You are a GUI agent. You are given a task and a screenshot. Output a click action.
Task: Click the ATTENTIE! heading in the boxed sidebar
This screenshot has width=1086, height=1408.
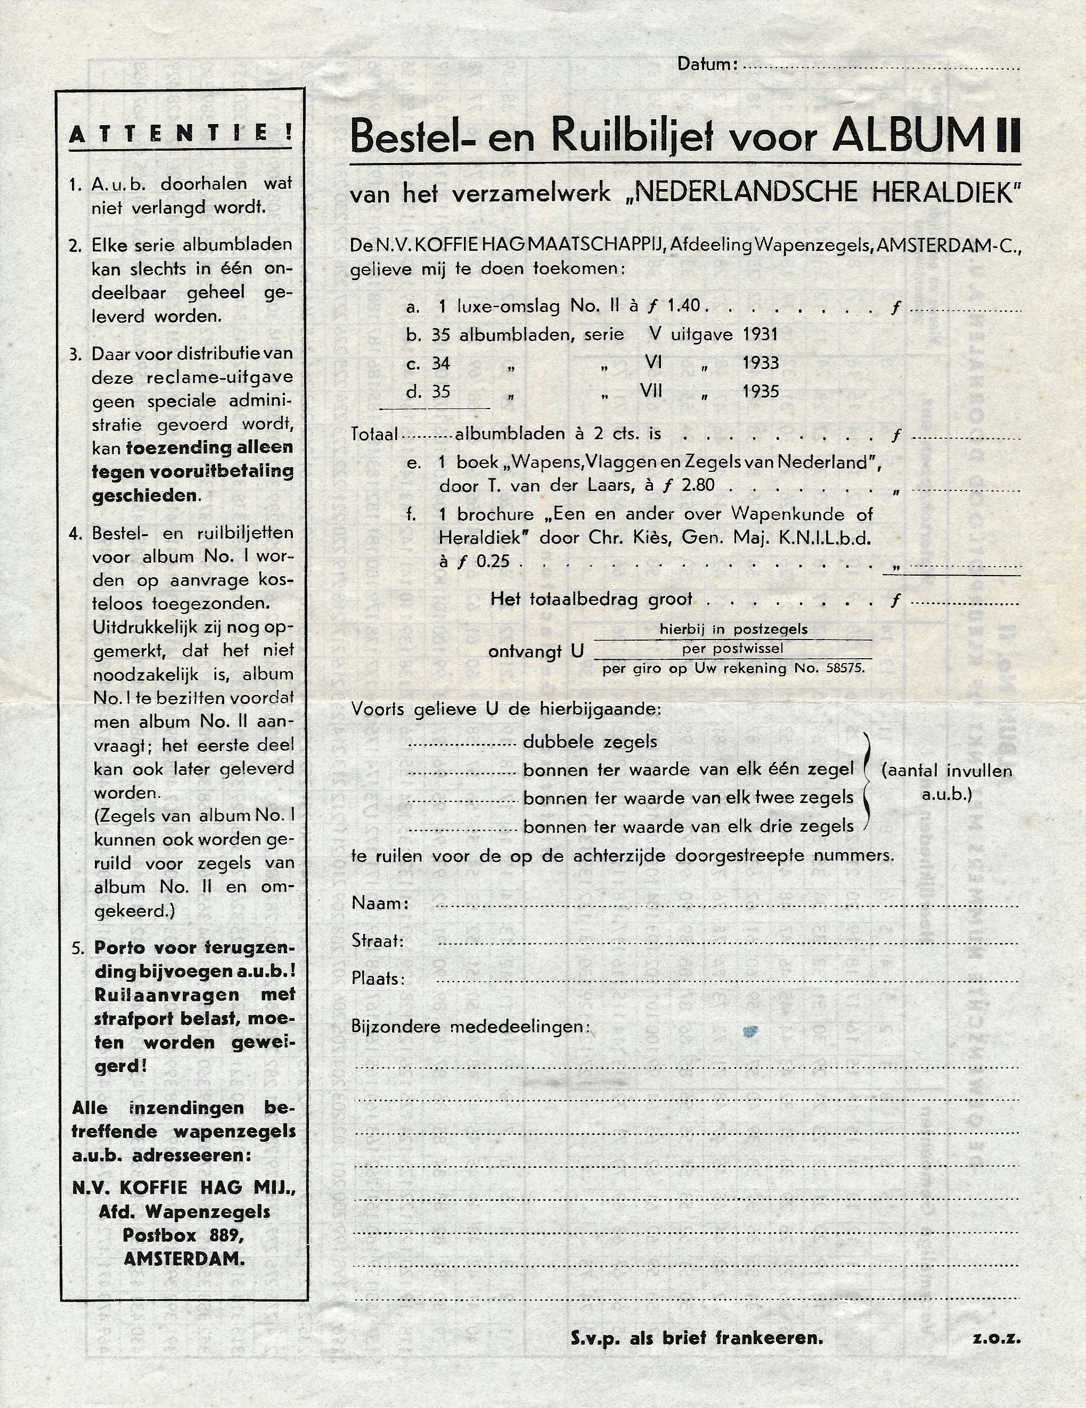pos(181,134)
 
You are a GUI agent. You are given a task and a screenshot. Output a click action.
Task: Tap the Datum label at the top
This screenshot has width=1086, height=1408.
pos(706,64)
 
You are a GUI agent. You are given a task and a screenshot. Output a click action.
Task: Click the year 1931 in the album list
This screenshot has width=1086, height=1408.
pos(761,334)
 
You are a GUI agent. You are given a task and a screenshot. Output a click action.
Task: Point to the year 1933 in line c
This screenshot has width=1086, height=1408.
pos(761,363)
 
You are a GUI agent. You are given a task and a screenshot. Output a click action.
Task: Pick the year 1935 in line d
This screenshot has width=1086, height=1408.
pos(761,391)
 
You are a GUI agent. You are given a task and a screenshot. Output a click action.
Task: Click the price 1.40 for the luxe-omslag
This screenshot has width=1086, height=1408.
pos(683,306)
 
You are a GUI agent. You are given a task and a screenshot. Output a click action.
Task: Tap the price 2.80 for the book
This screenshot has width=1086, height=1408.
pos(697,486)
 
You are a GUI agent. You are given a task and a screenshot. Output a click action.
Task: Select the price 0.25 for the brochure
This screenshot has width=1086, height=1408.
pos(493,561)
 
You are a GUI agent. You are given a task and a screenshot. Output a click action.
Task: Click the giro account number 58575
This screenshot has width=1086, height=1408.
pos(845,668)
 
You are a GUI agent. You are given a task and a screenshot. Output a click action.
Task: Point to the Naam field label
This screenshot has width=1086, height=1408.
pos(380,904)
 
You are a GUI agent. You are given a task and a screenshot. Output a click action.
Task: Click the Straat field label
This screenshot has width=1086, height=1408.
pos(377,942)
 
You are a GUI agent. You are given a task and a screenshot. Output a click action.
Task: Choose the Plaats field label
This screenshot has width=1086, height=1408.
pos(378,979)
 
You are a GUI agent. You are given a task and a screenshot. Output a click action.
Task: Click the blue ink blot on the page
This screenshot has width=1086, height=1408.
pos(749,1032)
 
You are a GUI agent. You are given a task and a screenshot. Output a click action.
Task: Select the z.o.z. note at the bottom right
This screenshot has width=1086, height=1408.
pos(997,1338)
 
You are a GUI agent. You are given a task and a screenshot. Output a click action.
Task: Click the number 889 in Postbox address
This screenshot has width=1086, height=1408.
pos(226,1235)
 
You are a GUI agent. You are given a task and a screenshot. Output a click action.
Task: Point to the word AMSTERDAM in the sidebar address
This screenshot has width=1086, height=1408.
pos(184,1259)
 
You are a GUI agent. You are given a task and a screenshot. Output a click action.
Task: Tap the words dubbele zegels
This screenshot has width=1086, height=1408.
pos(590,742)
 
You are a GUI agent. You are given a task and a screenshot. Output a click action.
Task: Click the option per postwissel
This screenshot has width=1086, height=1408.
pos(732,649)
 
